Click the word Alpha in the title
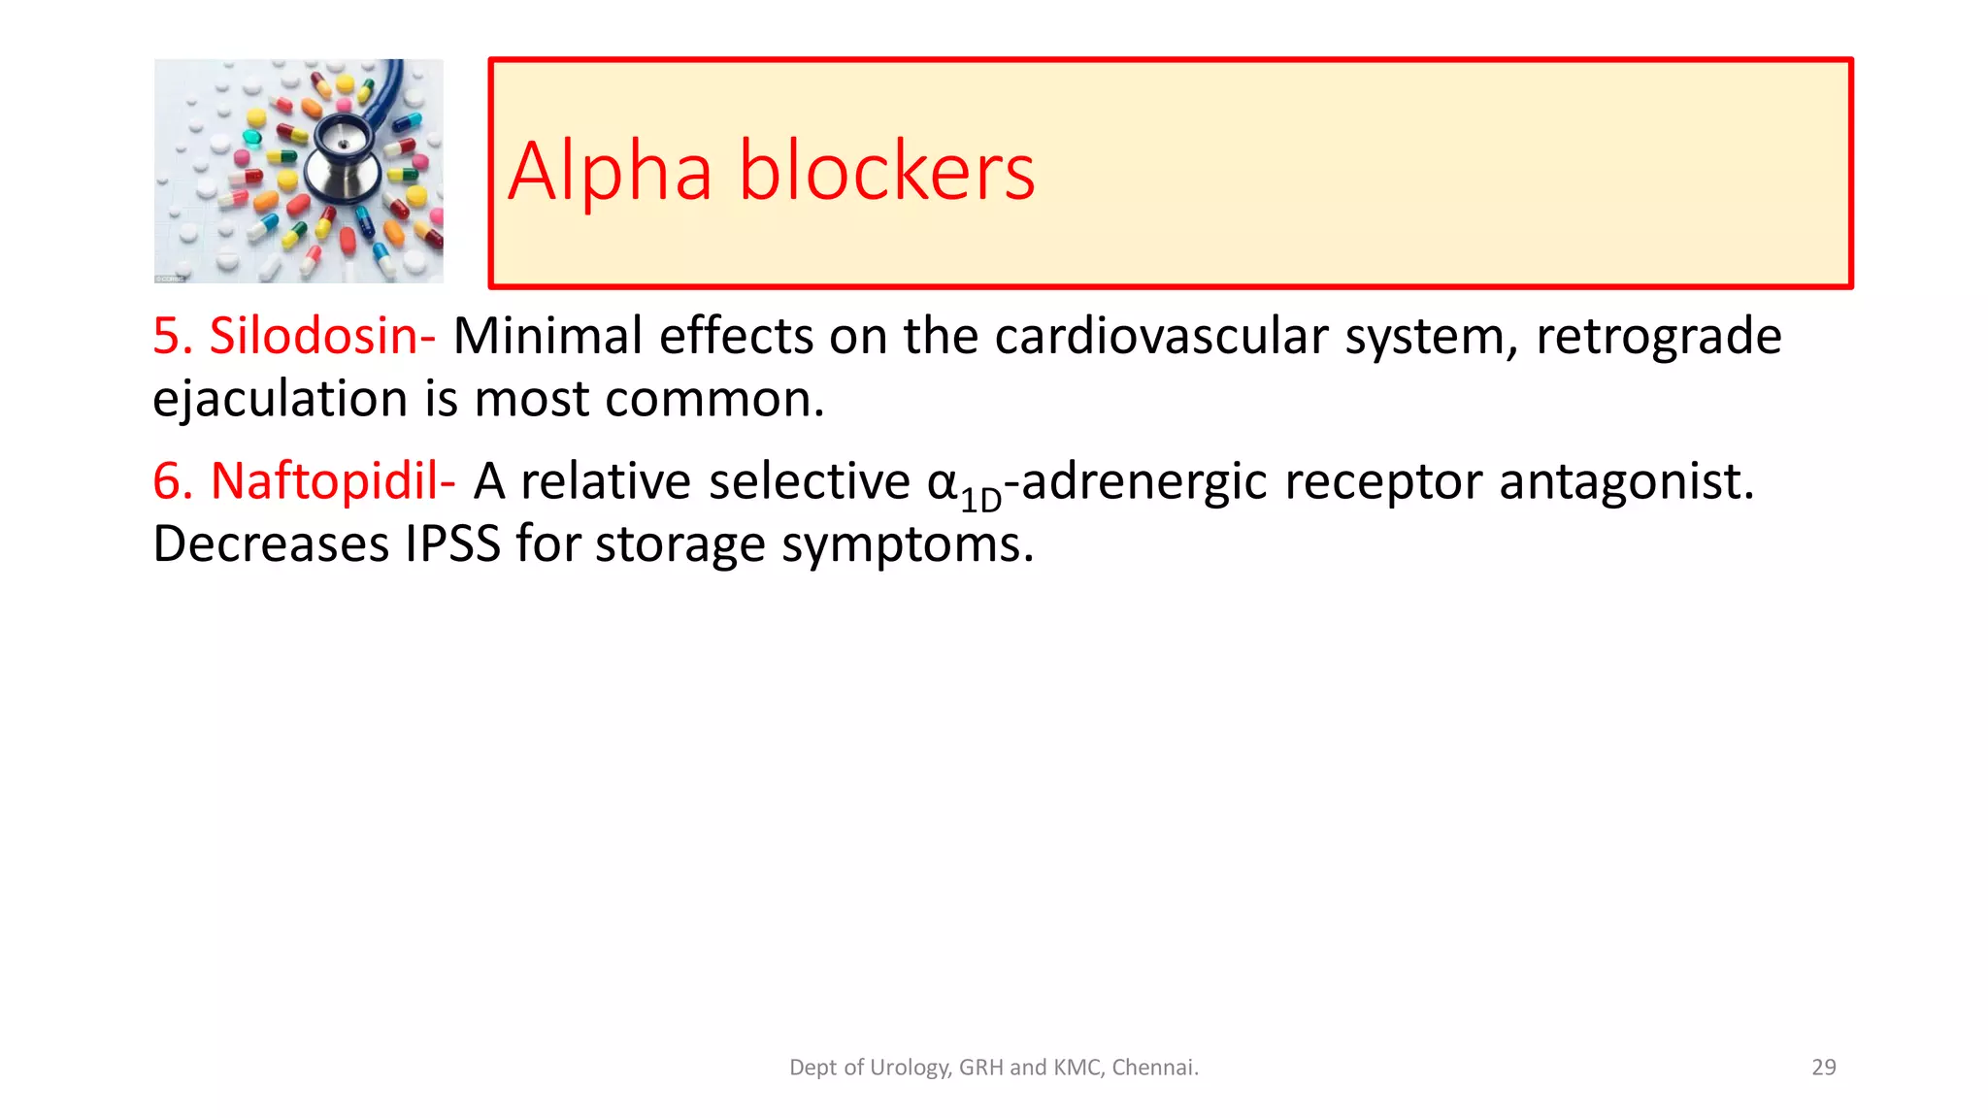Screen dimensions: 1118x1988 tap(610, 172)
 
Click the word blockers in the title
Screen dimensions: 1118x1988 tap(886, 172)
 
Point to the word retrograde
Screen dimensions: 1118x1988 tap(1658, 337)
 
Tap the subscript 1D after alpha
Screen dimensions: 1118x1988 tap(980, 499)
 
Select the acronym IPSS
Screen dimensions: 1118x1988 tap(452, 544)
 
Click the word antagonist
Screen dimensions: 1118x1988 tap(1626, 481)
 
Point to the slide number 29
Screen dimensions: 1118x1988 tap(1823, 1068)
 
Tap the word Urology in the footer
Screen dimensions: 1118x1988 tap(910, 1068)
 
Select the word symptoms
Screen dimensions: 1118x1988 tap(907, 544)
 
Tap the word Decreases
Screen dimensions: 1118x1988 tap(270, 544)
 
